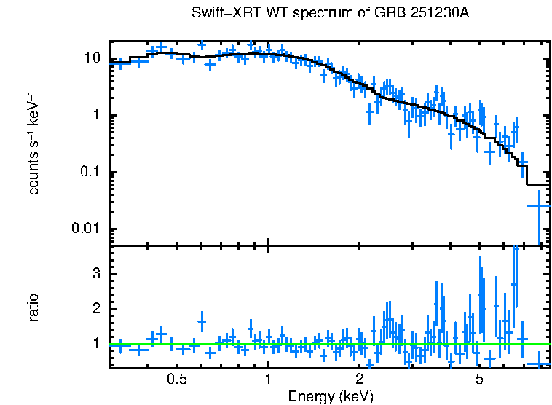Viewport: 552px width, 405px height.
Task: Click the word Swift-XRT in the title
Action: click(x=218, y=13)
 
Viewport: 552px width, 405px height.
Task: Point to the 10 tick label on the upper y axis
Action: click(x=93, y=58)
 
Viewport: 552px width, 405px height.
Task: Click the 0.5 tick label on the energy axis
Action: click(x=177, y=380)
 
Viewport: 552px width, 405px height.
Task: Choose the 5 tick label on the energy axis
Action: click(x=479, y=380)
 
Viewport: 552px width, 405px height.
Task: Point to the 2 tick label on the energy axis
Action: click(x=359, y=380)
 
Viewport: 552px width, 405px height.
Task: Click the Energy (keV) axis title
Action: click(x=331, y=396)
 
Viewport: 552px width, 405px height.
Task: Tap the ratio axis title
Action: click(x=33, y=308)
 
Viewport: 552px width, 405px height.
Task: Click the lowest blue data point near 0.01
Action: click(x=539, y=206)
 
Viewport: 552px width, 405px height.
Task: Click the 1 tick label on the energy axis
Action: click(x=268, y=380)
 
